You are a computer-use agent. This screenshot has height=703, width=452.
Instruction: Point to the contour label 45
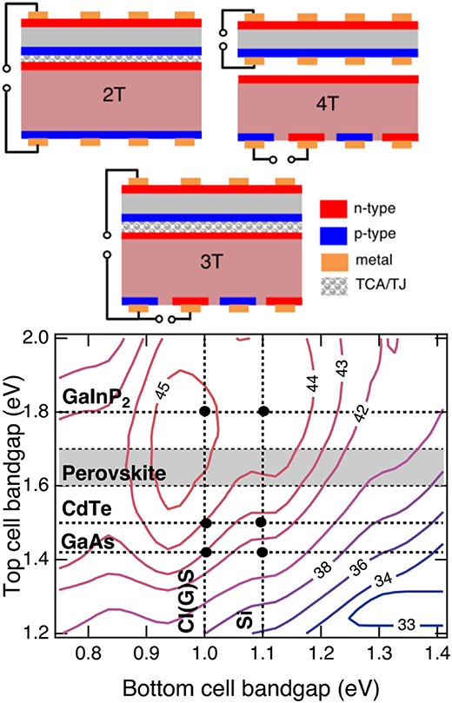(x=163, y=391)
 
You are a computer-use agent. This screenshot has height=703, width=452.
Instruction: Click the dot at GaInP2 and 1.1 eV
(x=263, y=411)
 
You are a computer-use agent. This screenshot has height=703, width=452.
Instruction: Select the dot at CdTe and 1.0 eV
(x=204, y=523)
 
